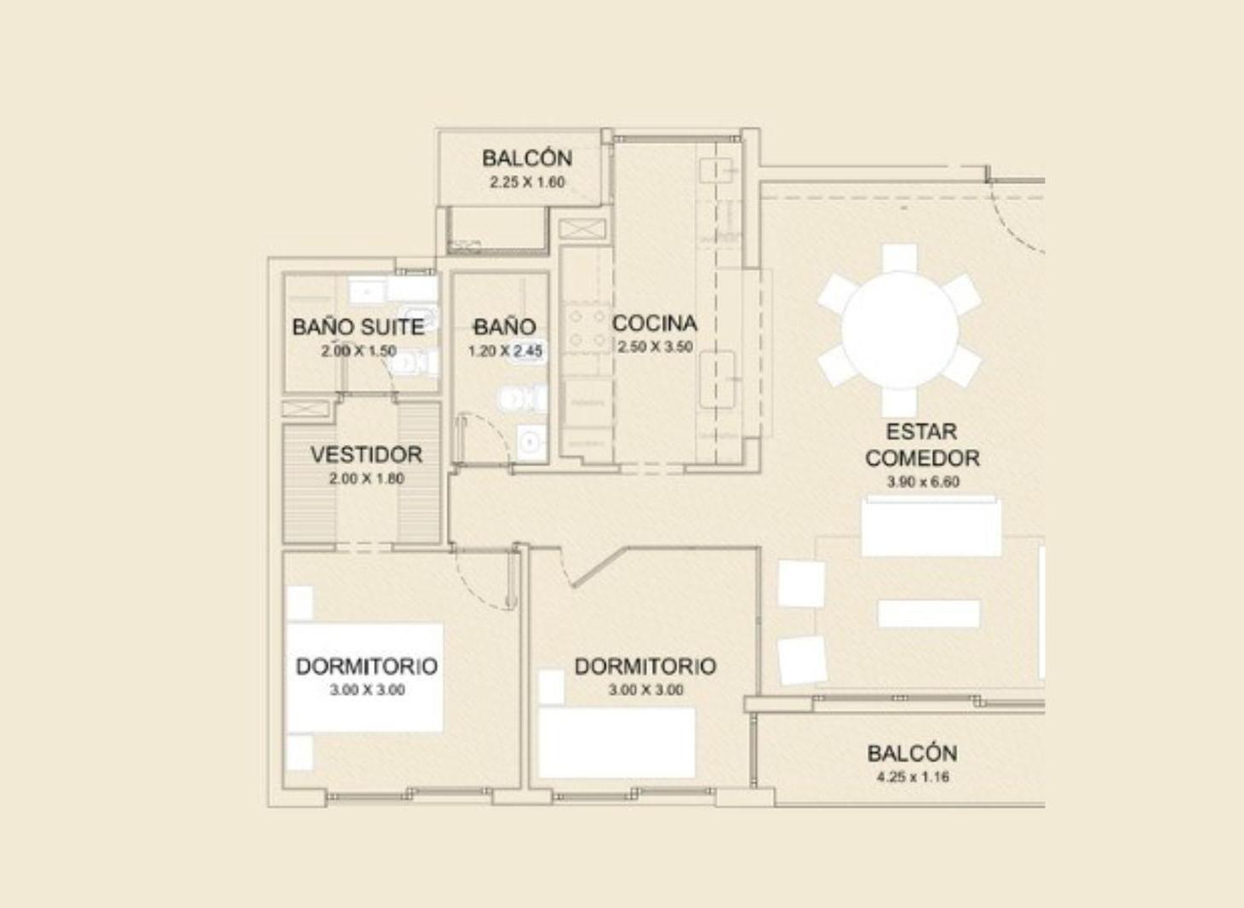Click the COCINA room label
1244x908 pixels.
tap(654, 323)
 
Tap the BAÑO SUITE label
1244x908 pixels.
tap(358, 327)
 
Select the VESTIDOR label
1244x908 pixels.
tap(366, 455)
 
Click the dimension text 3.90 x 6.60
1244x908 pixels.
tap(923, 482)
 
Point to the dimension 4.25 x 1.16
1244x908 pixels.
tap(913, 777)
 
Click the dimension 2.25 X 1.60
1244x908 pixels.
tap(527, 182)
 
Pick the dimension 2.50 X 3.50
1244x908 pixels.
tap(656, 347)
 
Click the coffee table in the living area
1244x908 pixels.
tap(929, 613)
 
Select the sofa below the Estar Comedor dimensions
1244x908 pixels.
tap(932, 526)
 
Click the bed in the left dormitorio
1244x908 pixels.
tap(365, 677)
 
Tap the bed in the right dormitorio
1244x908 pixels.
tap(616, 743)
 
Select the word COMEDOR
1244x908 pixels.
tap(922, 458)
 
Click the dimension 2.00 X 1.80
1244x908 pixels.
tap(366, 479)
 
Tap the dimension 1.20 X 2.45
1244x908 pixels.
tap(505, 351)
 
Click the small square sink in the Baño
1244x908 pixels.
tap(531, 442)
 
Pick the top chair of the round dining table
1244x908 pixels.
tap(900, 258)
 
